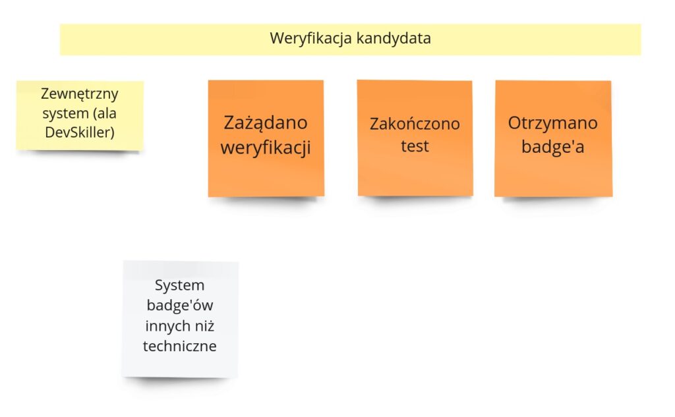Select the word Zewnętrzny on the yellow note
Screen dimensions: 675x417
80,94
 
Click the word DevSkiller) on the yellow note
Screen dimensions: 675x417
80,132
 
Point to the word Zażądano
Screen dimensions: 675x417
266,123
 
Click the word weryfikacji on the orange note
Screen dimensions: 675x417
266,148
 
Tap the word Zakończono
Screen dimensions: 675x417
415,124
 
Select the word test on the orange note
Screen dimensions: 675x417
415,146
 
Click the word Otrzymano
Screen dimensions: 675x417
553,123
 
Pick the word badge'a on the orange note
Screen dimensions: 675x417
553,147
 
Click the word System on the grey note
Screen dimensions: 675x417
179,286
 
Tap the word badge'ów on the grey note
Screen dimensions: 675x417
180,305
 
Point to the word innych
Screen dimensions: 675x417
165,326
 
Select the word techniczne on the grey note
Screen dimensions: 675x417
180,346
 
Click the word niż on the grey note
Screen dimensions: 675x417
204,326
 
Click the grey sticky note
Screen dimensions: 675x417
180,320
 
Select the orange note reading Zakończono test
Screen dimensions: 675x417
415,138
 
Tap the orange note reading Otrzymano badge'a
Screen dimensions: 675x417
553,138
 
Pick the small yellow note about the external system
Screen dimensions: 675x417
80,115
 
